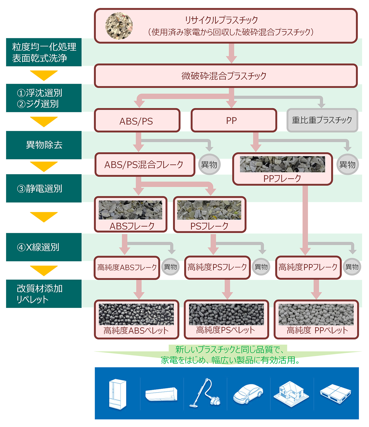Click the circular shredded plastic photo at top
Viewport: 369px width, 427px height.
point(119,26)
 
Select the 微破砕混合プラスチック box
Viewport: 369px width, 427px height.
point(225,76)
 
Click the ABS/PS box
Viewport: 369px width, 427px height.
point(137,121)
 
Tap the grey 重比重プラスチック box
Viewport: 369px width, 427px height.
point(322,120)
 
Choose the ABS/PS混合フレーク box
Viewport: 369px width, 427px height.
point(145,165)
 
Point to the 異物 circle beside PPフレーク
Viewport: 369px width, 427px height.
point(347,165)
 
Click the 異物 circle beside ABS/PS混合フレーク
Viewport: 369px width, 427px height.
point(209,165)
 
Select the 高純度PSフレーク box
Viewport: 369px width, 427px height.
point(217,267)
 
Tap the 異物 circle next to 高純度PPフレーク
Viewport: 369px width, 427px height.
point(352,267)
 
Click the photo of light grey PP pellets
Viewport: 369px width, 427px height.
point(316,314)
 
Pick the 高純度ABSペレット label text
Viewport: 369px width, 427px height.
point(136,331)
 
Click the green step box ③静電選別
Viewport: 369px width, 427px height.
point(44,188)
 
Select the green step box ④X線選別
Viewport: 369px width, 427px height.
point(44,247)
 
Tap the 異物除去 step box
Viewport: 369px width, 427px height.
point(44,145)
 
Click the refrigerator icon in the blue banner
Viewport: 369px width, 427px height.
point(118,394)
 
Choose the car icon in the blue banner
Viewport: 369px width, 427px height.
point(248,394)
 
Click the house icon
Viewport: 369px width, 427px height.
point(291,394)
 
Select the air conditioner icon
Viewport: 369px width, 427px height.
point(161,394)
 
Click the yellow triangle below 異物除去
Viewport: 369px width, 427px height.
point(44,166)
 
